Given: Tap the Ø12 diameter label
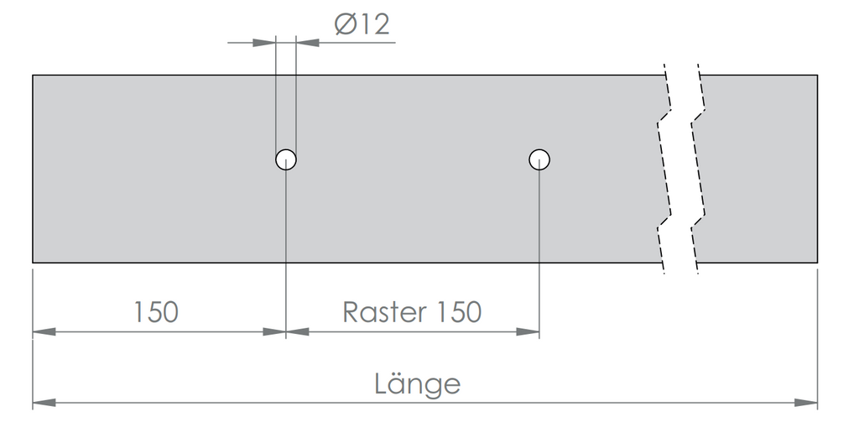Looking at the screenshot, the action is tap(362, 24).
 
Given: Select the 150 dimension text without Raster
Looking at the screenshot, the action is tap(157, 312).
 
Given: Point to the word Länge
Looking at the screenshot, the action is tap(418, 383).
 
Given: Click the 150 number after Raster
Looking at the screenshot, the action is tap(459, 312).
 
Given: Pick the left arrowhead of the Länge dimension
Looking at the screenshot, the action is tap(44, 403).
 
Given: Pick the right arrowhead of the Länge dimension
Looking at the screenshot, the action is tap(806, 403).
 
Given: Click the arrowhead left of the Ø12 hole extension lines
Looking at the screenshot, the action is tap(264, 42).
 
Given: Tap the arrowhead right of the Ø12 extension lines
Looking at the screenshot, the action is tap(308, 42).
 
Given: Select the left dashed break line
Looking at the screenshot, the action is tap(664, 169).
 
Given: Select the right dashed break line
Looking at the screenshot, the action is tap(698, 169).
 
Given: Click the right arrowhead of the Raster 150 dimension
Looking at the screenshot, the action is tap(528, 331).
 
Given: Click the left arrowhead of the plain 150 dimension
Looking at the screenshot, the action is tap(44, 331).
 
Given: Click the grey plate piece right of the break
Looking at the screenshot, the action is tap(758, 169).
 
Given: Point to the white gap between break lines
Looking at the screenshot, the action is tap(681, 169).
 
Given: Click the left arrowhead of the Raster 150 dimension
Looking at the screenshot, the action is tap(298, 331).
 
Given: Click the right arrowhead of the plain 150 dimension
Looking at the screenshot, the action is tap(274, 331).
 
